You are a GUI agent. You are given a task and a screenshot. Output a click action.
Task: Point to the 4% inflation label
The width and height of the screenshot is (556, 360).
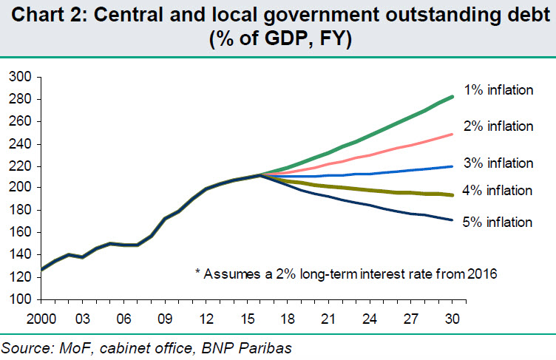pyautogui.click(x=496, y=191)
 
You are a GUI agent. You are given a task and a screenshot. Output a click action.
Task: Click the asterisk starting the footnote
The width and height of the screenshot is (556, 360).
pyautogui.click(x=197, y=274)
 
